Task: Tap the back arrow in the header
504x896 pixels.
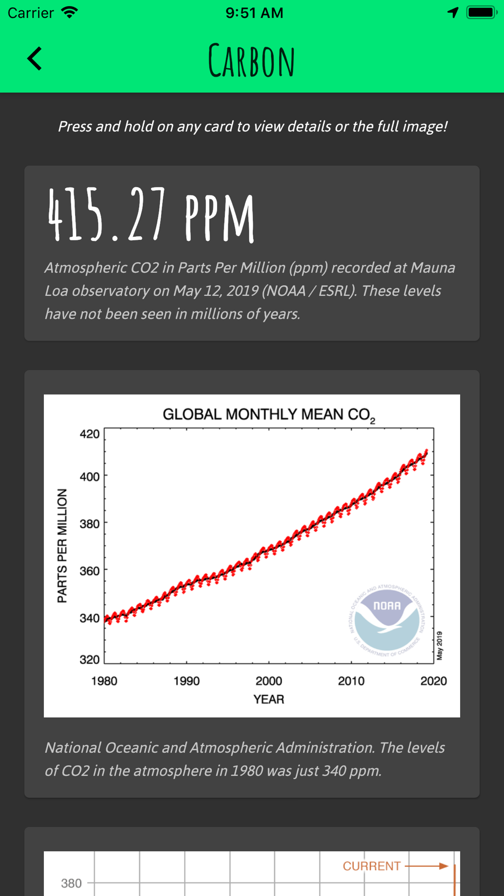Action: point(34,58)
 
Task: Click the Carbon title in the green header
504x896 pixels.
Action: point(251,61)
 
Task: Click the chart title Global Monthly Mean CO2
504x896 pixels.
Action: point(269,415)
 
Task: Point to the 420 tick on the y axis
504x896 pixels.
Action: point(90,434)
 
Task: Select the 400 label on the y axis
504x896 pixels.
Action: point(90,476)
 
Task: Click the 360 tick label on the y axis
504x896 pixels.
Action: point(90,570)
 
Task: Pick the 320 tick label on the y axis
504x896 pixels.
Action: point(90,659)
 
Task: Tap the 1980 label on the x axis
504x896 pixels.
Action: point(104,681)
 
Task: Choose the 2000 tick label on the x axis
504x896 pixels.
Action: point(269,681)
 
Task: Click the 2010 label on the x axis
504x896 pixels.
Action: point(351,681)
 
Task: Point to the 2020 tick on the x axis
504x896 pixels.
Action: point(433,681)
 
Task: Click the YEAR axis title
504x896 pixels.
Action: point(269,699)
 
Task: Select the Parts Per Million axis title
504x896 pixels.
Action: point(62,546)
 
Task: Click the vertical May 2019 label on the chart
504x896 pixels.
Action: point(439,646)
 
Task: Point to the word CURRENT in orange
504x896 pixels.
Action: point(371,866)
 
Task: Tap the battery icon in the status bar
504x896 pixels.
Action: point(481,13)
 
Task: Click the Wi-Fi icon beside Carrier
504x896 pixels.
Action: point(70,13)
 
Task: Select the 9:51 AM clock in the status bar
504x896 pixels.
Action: point(255,13)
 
